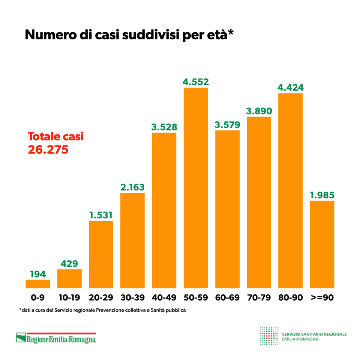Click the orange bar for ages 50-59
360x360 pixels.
pos(196,187)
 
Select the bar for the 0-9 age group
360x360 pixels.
pos(38,284)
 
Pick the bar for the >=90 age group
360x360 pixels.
pos(322,244)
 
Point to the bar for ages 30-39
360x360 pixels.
pos(132,240)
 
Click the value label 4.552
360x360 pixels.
pos(196,82)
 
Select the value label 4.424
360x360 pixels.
pos(290,88)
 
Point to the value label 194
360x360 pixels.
pos(38,274)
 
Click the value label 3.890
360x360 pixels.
pos(259,111)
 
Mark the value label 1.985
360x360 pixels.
pos(322,195)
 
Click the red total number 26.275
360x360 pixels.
pos(48,150)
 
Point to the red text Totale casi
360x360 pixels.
pos(56,136)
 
